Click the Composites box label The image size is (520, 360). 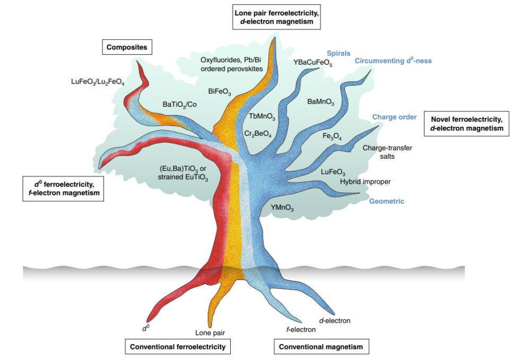point(127,47)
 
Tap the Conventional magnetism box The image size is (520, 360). point(321,347)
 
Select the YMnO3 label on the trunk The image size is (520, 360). point(282,208)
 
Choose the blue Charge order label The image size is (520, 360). point(394,117)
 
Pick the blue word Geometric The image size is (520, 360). point(387,201)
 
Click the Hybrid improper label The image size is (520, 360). point(365,182)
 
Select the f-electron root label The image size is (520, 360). point(301,329)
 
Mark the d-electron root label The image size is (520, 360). point(334,320)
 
